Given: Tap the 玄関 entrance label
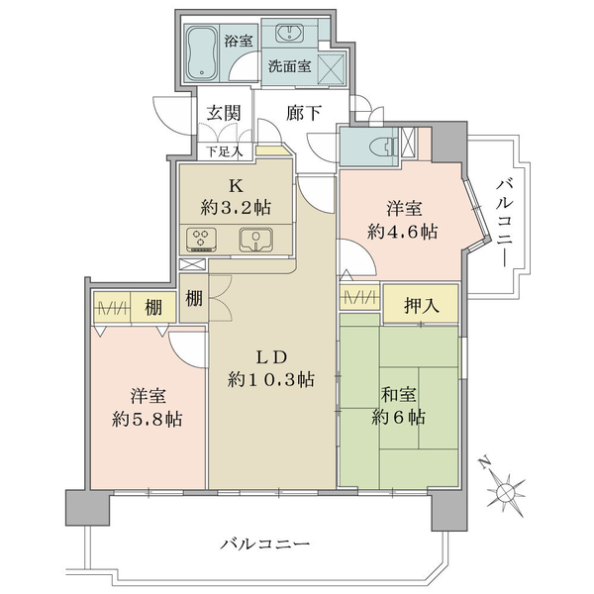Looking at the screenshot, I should point(225,113).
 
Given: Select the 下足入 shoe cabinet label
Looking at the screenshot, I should point(223,151).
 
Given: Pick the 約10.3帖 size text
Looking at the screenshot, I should point(270,380).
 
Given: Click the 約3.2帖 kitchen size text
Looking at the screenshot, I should point(237,209).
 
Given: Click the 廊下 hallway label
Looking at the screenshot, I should point(303,113).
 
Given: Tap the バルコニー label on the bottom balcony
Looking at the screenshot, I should point(265,544).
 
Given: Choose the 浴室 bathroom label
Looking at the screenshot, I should point(238,41).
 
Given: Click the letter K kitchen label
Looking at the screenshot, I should point(236,185).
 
